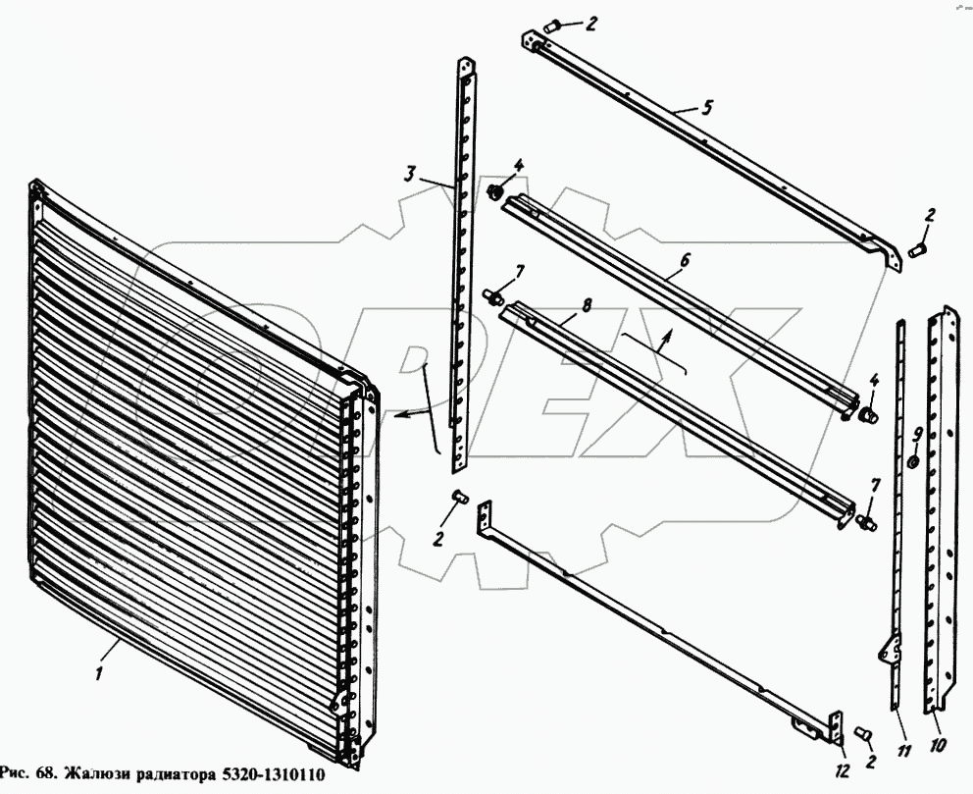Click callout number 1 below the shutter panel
point(100,673)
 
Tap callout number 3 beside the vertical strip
point(410,174)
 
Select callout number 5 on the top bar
point(706,107)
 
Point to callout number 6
point(684,260)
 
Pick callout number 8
point(587,306)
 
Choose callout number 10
point(938,744)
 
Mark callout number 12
point(842,770)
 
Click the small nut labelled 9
point(913,462)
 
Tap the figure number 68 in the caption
point(46,774)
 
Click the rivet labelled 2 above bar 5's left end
point(552,26)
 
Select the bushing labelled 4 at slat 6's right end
point(867,415)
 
